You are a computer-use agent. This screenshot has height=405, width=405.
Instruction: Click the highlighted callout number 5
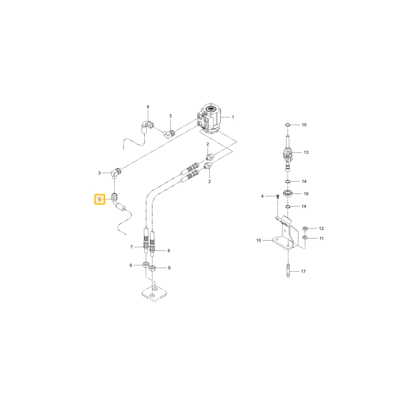click(x=100, y=199)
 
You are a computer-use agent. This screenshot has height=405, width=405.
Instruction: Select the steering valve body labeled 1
click(x=209, y=119)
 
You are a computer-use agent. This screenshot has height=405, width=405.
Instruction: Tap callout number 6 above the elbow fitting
click(x=148, y=107)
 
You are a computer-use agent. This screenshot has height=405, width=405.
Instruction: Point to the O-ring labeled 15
click(x=288, y=125)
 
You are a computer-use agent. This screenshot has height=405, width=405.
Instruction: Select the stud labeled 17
click(x=288, y=271)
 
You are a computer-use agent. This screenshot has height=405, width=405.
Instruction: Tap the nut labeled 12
click(x=305, y=228)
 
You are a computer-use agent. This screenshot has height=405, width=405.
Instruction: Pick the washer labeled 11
click(x=305, y=238)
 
